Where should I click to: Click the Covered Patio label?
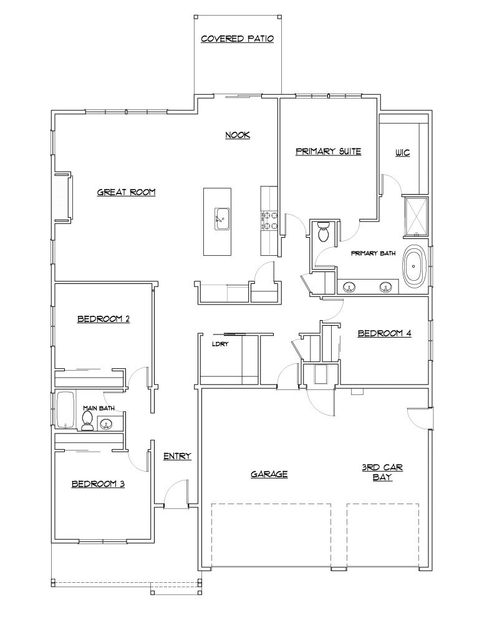pyautogui.click(x=238, y=39)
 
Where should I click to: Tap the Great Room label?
pyautogui.click(x=126, y=192)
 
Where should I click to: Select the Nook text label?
pyautogui.click(x=238, y=135)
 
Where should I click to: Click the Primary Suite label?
pyautogui.click(x=329, y=151)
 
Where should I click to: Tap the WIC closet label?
pyautogui.click(x=403, y=153)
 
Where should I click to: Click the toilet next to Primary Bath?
pyautogui.click(x=323, y=232)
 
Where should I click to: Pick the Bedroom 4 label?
pyautogui.click(x=384, y=333)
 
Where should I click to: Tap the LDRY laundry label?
pyautogui.click(x=218, y=344)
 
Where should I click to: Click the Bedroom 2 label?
pyautogui.click(x=104, y=319)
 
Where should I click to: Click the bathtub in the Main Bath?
pyautogui.click(x=65, y=410)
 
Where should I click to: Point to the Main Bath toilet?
pyautogui.click(x=87, y=421)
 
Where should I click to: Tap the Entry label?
pyautogui.click(x=177, y=456)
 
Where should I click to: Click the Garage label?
pyautogui.click(x=269, y=474)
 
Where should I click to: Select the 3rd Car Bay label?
pyautogui.click(x=382, y=472)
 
